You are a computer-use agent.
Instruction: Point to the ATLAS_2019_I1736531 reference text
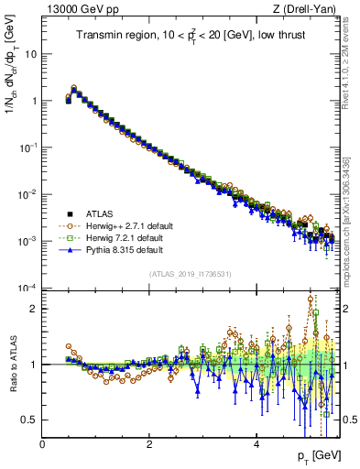click(x=190, y=274)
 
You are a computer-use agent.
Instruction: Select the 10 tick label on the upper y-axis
click(x=30, y=54)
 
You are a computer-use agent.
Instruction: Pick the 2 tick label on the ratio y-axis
click(x=34, y=309)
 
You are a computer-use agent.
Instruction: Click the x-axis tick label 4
click(x=256, y=443)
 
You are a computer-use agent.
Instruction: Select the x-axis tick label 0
click(x=42, y=443)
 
